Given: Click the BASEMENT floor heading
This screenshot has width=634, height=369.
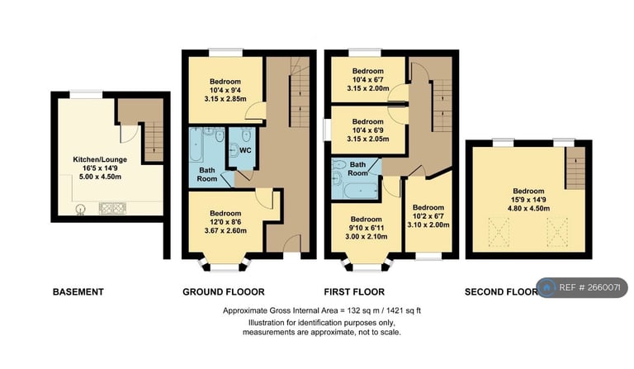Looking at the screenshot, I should coord(78,291).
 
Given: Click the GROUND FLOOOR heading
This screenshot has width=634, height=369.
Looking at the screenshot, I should coord(223,291).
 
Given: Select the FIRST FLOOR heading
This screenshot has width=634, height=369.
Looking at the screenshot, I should coord(355,291).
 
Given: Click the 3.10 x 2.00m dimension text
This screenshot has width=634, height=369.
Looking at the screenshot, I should coord(428,225).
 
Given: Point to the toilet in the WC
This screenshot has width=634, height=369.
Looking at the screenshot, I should coord(234,150).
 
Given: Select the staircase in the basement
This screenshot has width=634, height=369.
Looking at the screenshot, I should coord(152,141).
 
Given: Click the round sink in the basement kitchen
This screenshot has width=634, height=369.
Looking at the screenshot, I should coord(81,210).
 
